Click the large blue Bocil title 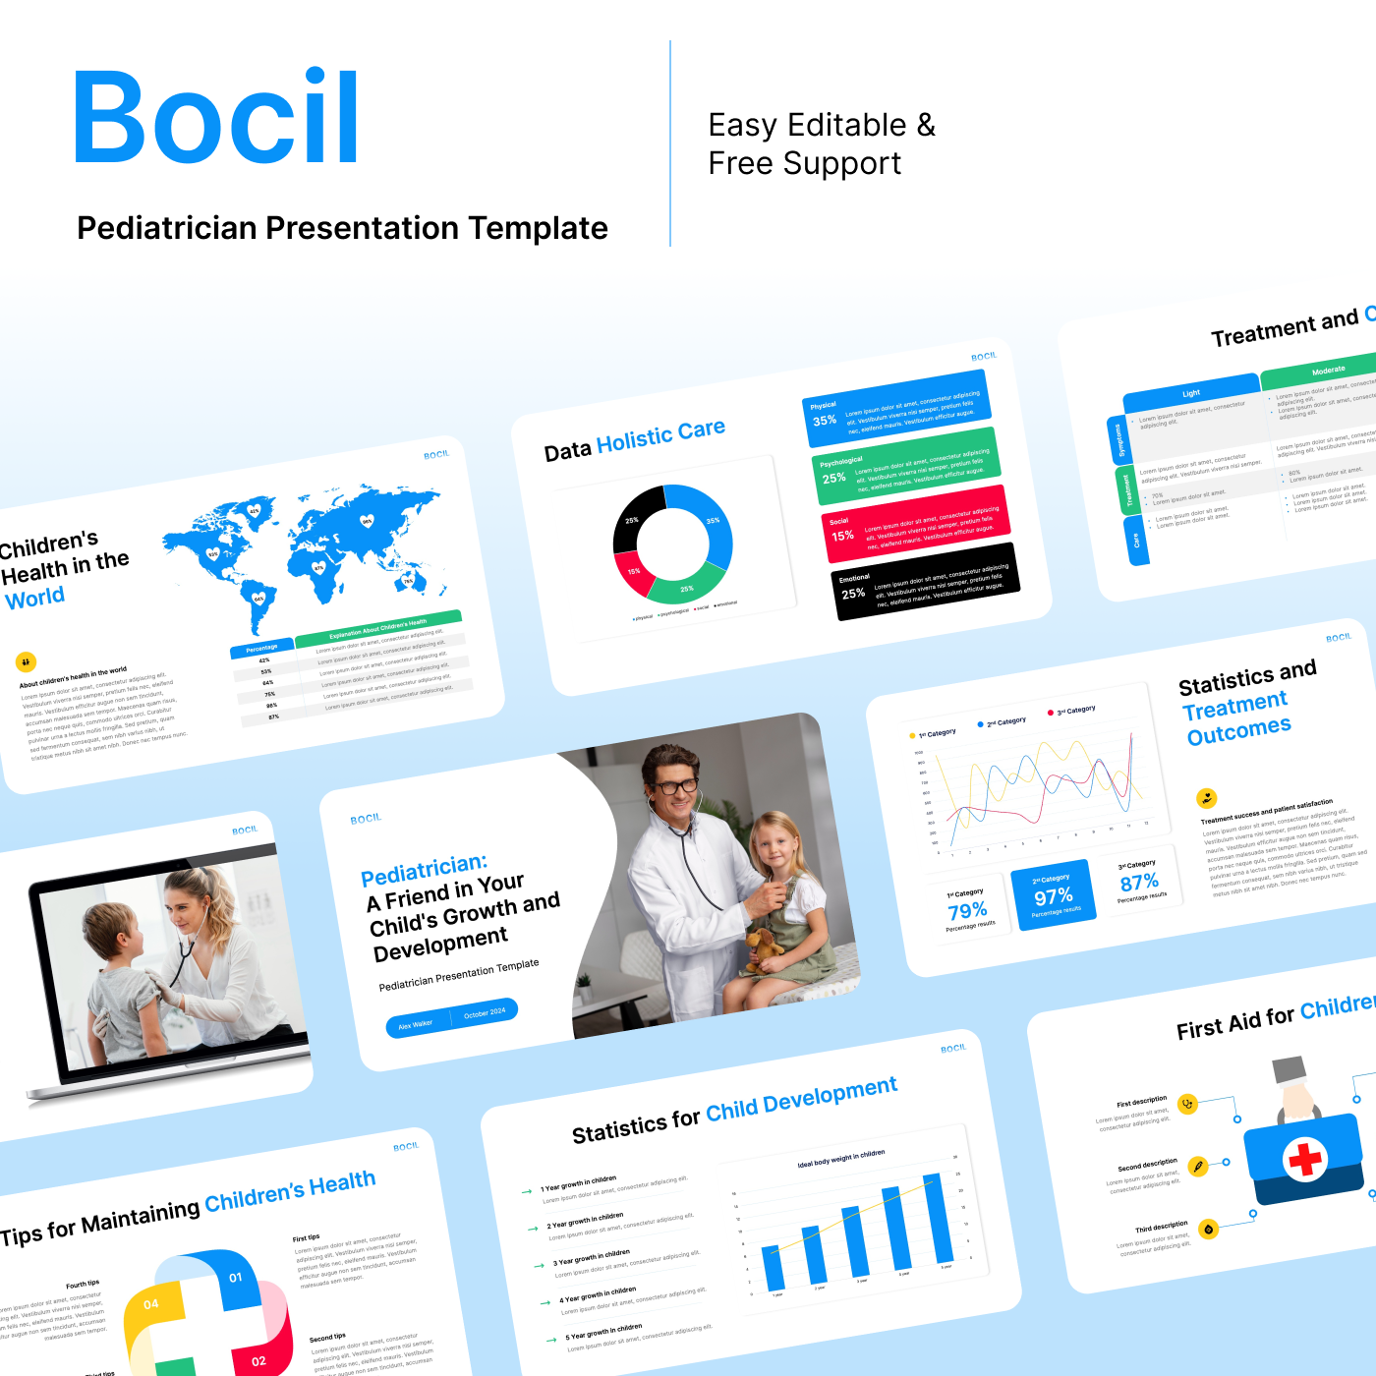[x=217, y=117]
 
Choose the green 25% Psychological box [x=904, y=466]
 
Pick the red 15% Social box [x=914, y=524]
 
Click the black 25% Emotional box [x=924, y=582]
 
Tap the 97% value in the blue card [x=1053, y=896]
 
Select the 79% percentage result [x=967, y=911]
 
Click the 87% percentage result [x=1139, y=883]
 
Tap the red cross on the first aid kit [x=1305, y=1159]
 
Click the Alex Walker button [x=416, y=1024]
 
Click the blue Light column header [x=1191, y=393]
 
